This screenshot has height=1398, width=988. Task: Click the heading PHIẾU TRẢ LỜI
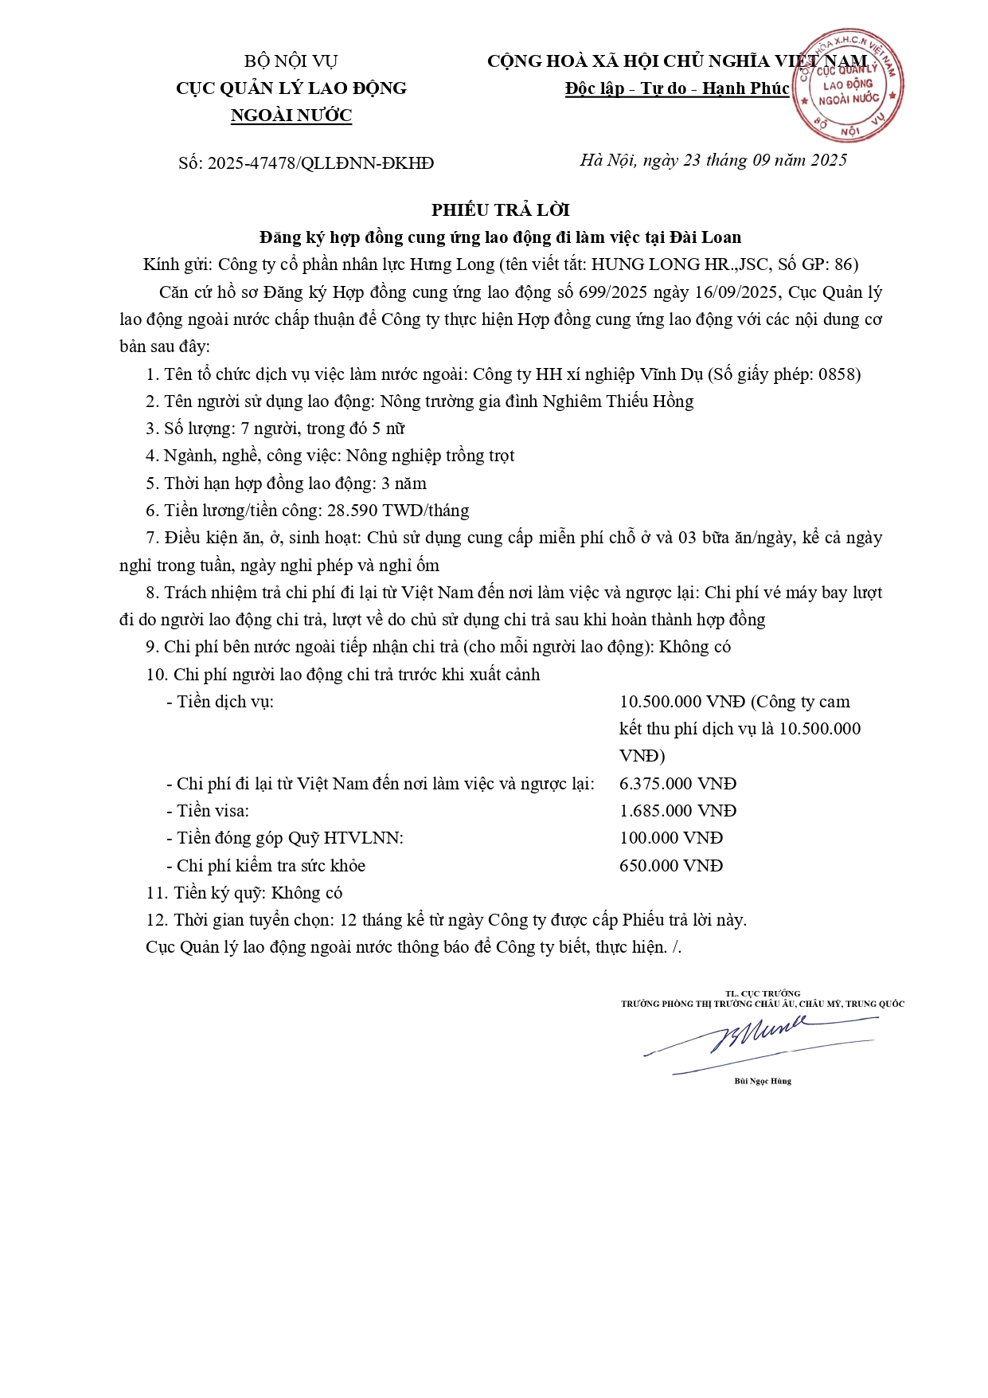pyautogui.click(x=501, y=210)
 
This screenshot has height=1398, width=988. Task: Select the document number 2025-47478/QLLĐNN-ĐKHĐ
pyautogui.click(x=321, y=163)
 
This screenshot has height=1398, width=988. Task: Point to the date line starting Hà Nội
pyautogui.click(x=713, y=160)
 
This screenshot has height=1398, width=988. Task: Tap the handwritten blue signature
pyautogui.click(x=760, y=1038)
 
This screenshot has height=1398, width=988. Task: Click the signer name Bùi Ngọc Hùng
pyautogui.click(x=763, y=1081)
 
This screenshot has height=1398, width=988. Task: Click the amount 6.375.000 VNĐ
pyautogui.click(x=678, y=784)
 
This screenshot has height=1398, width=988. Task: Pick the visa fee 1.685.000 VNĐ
pyautogui.click(x=678, y=811)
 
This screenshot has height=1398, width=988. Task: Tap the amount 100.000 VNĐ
pyautogui.click(x=671, y=838)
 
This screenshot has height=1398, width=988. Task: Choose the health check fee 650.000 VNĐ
pyautogui.click(x=671, y=866)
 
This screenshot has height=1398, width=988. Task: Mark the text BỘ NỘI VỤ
pyautogui.click(x=291, y=61)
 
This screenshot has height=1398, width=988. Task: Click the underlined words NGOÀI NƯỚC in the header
pyautogui.click(x=291, y=116)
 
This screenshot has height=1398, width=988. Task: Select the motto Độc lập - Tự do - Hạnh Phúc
pyautogui.click(x=677, y=88)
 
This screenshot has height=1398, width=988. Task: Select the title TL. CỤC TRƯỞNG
pyautogui.click(x=763, y=993)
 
